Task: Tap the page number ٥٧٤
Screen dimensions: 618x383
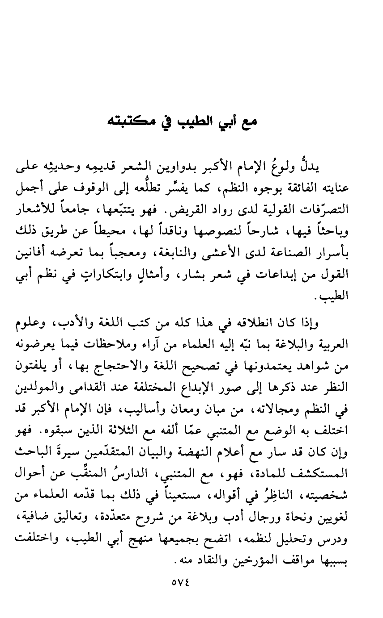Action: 191,583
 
